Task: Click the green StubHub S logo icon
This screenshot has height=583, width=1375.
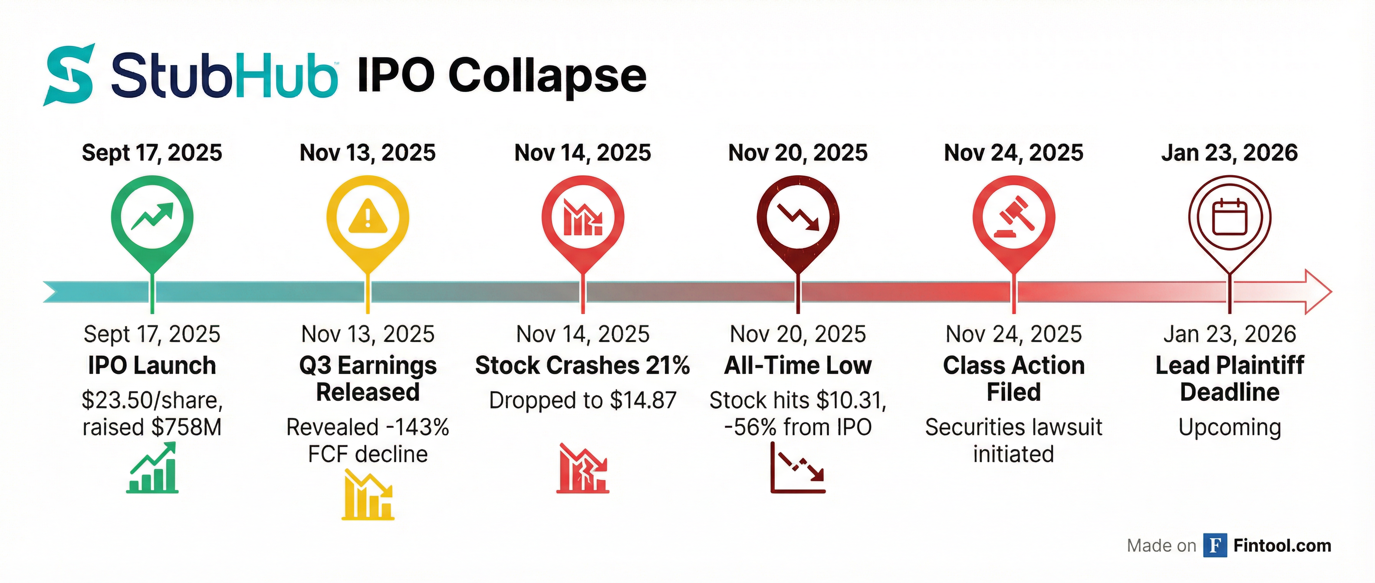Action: tap(69, 75)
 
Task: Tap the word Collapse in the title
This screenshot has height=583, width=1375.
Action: tap(547, 76)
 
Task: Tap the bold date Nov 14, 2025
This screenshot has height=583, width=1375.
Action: tap(582, 153)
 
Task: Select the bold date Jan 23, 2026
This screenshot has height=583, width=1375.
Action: tap(1229, 153)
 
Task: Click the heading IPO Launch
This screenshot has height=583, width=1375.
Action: tap(152, 366)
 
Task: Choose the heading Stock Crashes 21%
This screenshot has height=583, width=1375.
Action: tap(582, 366)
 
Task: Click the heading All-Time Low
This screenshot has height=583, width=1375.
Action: tap(798, 366)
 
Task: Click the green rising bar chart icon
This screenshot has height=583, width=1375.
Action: tap(152, 467)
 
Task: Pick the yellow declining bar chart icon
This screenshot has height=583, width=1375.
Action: tap(368, 495)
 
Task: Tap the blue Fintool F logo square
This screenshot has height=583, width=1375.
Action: tap(1215, 545)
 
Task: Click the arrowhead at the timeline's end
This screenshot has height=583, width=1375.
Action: tap(1319, 292)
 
